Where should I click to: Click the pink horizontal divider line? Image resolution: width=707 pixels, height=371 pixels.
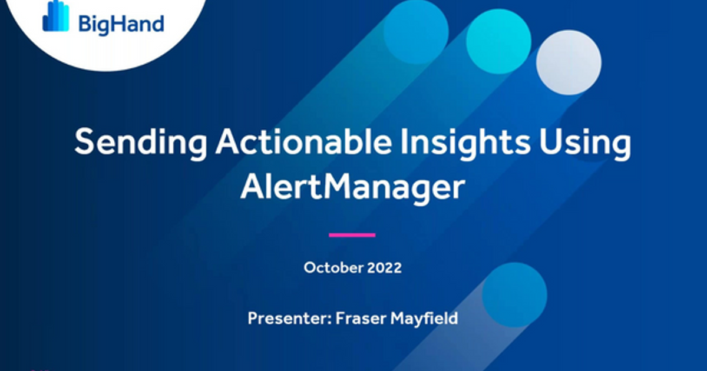(x=352, y=235)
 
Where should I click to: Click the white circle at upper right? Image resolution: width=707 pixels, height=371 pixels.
(x=569, y=62)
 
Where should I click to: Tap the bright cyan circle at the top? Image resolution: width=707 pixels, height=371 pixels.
(x=498, y=41)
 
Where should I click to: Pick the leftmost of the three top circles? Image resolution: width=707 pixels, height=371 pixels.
(x=416, y=29)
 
